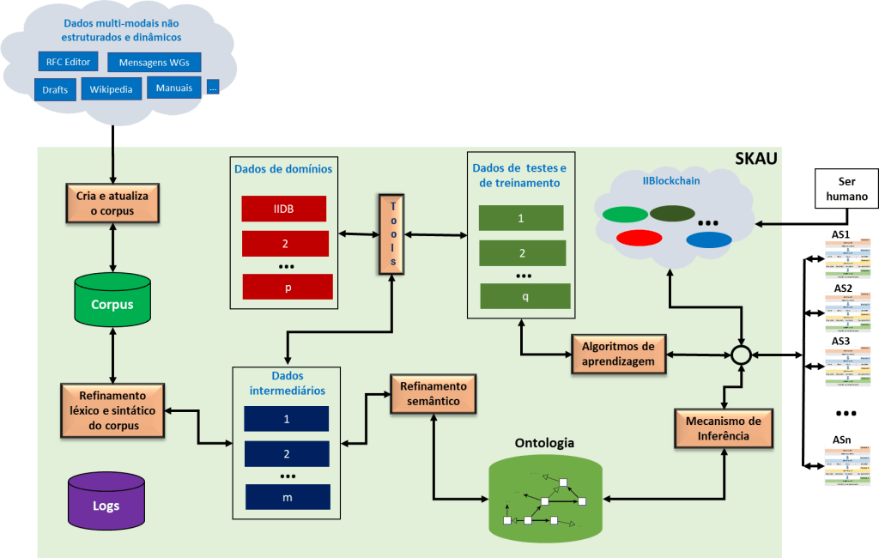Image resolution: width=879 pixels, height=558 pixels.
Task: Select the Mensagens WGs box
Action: pyautogui.click(x=155, y=62)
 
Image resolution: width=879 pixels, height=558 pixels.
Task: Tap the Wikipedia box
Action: pyautogui.click(x=110, y=89)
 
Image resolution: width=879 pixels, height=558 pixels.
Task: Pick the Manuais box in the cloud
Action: pyautogui.click(x=173, y=87)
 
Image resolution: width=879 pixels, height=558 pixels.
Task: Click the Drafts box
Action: pyautogui.click(x=55, y=89)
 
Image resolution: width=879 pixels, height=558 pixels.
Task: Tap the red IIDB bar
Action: pyautogui.click(x=284, y=209)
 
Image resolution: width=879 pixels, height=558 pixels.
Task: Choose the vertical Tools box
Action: pyautogui.click(x=391, y=234)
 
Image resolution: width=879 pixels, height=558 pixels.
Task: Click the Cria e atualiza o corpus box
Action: pyautogui.click(x=112, y=203)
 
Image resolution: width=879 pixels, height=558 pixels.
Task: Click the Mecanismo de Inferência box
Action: pyautogui.click(x=724, y=428)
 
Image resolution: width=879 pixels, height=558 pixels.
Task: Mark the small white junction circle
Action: pyautogui.click(x=741, y=355)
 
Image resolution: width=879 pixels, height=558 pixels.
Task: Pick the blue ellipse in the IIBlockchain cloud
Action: pyautogui.click(x=708, y=240)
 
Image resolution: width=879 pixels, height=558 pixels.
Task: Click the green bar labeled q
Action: pyautogui.click(x=524, y=295)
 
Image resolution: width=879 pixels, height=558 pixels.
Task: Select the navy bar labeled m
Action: pyautogui.click(x=288, y=497)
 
